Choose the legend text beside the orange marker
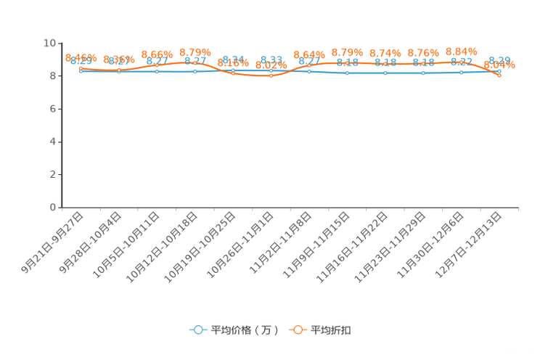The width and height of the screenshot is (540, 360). pyautogui.click(x=332, y=330)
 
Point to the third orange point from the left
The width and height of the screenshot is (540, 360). pyautogui.click(x=157, y=64)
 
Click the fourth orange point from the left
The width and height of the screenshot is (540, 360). pyautogui.click(x=195, y=62)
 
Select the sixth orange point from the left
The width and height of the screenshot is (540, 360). pyautogui.click(x=271, y=75)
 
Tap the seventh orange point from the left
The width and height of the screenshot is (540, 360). pyautogui.click(x=309, y=65)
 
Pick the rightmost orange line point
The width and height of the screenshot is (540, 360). pyautogui.click(x=499, y=74)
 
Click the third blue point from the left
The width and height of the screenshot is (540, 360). pyautogui.click(x=157, y=71)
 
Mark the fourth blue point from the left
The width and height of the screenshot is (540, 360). pyautogui.click(x=195, y=71)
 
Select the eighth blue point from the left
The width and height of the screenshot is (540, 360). pyautogui.click(x=347, y=73)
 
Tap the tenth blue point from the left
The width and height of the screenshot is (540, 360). pyautogui.click(x=423, y=73)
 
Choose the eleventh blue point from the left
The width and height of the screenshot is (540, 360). pyautogui.click(x=461, y=72)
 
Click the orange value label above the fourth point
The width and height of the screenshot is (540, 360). pyautogui.click(x=195, y=52)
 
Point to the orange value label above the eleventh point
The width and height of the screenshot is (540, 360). pyautogui.click(x=461, y=51)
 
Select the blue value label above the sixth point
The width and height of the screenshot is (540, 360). pyautogui.click(x=271, y=59)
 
